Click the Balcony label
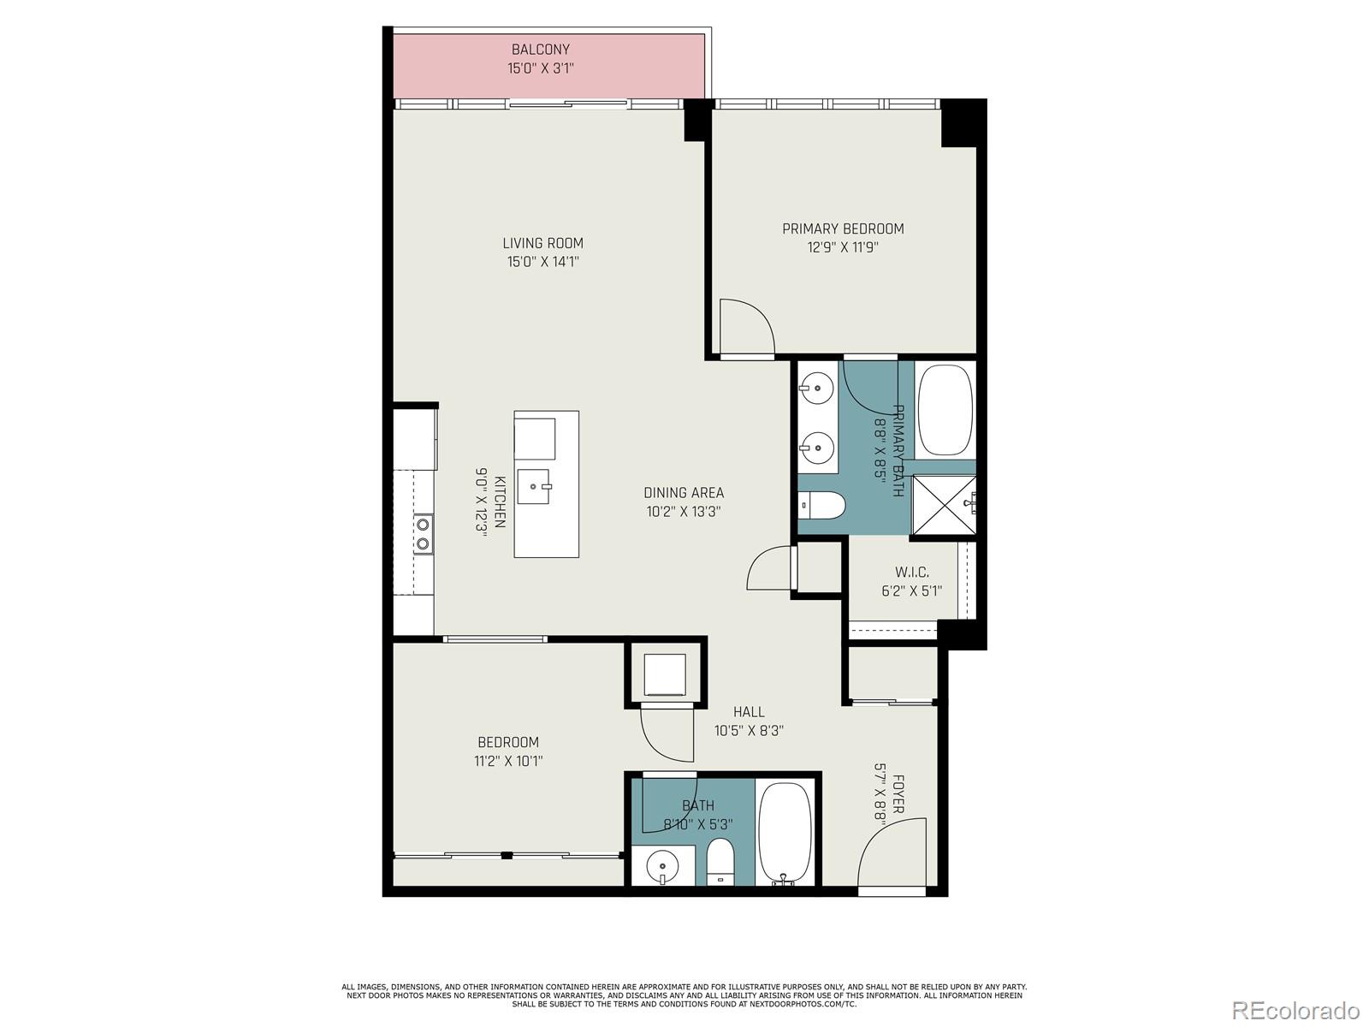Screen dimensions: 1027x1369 click(540, 50)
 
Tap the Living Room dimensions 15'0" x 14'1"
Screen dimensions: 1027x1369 click(542, 262)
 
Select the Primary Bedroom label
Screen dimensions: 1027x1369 click(843, 229)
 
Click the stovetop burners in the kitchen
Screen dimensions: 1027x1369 click(423, 533)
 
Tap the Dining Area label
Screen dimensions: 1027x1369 click(684, 492)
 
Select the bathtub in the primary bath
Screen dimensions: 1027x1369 click(945, 412)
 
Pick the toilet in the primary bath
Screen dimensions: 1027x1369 click(822, 506)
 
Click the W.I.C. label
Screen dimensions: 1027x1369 click(911, 572)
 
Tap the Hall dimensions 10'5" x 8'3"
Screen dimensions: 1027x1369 click(749, 731)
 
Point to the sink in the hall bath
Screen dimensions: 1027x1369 click(663, 866)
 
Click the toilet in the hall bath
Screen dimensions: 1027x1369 click(720, 860)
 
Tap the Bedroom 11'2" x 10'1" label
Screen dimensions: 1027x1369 click(508, 742)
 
